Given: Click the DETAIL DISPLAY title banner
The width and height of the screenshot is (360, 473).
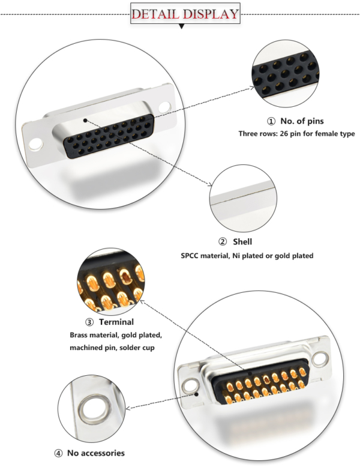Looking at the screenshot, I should point(184,14).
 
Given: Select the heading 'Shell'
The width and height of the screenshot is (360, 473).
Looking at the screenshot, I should point(242,241).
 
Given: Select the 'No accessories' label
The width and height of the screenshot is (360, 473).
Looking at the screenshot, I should point(95,453).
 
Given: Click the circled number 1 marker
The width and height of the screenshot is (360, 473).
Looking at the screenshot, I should point(271,121).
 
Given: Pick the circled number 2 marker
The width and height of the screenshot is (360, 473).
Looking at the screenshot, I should point(223,242).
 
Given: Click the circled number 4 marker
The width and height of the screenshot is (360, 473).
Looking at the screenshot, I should point(58,453).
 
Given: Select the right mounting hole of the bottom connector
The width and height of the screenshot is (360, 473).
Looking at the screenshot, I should point(322,359).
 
